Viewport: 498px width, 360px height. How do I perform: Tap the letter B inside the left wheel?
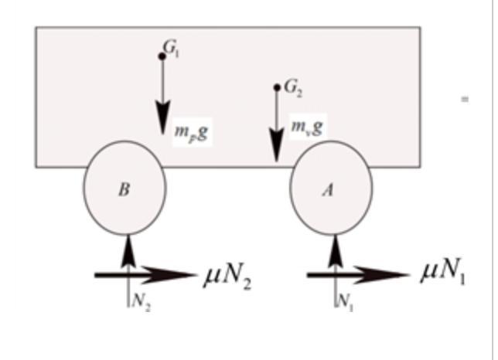[124, 190]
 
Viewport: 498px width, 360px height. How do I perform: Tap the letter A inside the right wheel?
[328, 190]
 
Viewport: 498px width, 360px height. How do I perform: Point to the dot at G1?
[162, 56]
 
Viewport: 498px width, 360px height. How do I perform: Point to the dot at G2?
[277, 87]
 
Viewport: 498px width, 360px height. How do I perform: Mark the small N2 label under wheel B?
[140, 302]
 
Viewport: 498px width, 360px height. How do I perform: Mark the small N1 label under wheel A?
[345, 302]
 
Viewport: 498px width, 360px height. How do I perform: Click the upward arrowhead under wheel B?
[128, 249]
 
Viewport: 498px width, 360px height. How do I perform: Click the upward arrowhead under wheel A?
[335, 249]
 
